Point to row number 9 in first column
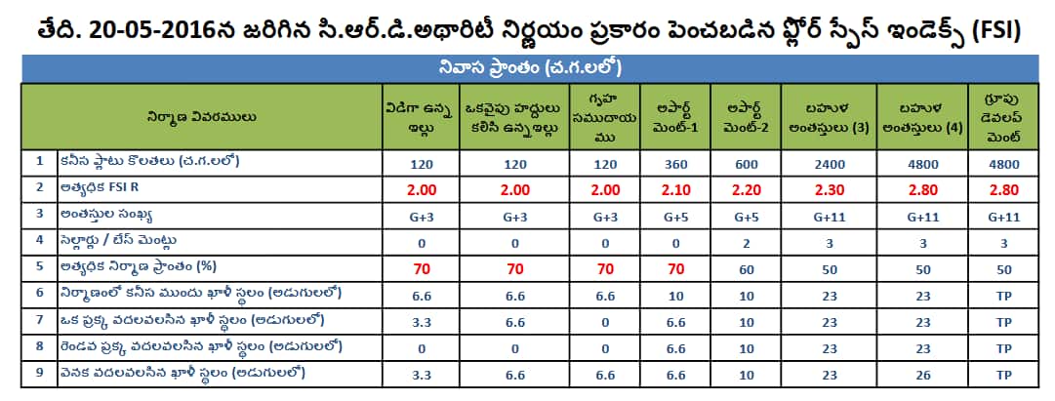(x=38, y=372)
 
